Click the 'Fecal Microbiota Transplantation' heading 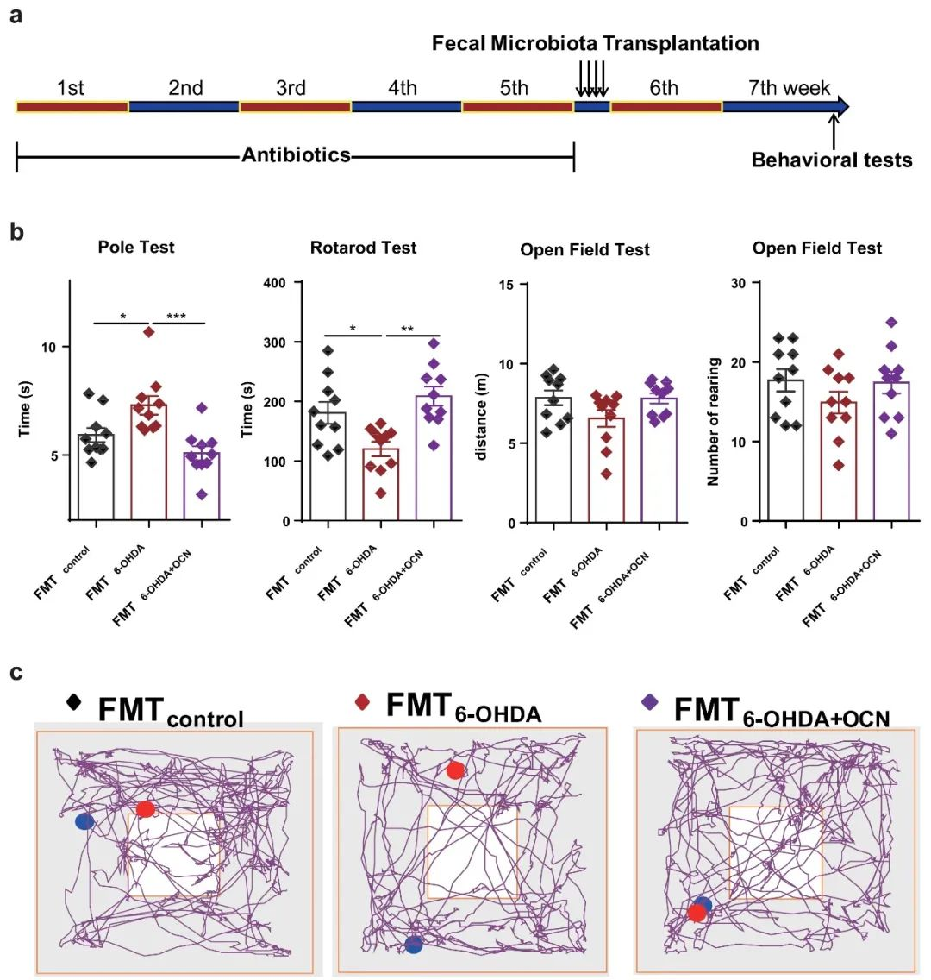[595, 43]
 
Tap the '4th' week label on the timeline [402, 88]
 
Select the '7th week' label [789, 88]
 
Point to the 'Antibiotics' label [296, 155]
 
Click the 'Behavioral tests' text [831, 160]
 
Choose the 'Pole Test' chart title [136, 248]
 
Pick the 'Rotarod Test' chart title [363, 248]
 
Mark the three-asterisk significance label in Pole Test [176, 317]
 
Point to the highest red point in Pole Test [148, 331]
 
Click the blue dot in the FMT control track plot [84, 821]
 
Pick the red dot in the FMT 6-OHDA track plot [455, 770]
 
